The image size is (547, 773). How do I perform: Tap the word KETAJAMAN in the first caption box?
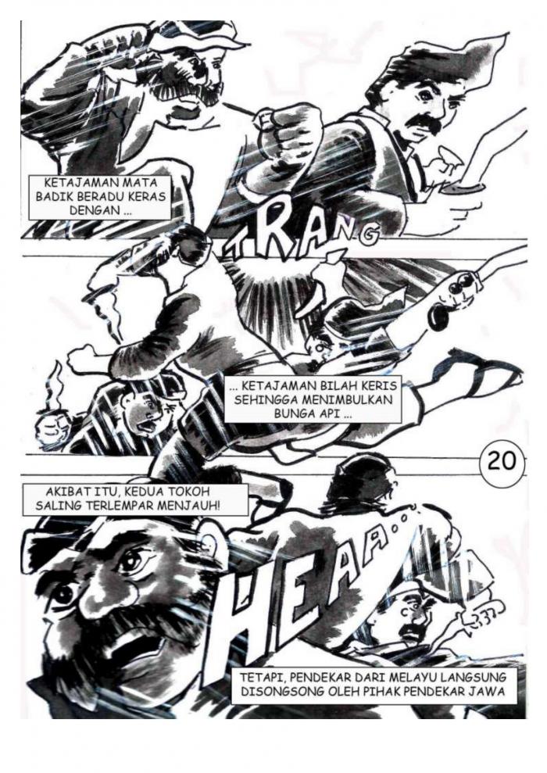coord(77,182)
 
